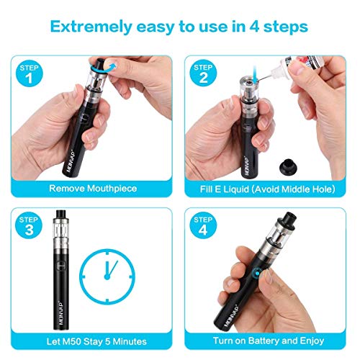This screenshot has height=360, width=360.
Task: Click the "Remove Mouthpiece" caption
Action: point(93,189)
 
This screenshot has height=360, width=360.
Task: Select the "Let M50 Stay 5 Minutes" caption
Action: point(93,340)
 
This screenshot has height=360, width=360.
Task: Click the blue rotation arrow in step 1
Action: point(104,68)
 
